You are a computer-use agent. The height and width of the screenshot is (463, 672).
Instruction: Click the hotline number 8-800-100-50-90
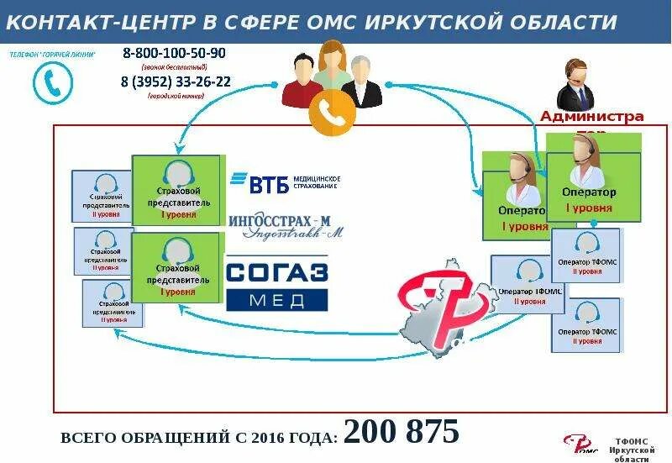tap(175, 53)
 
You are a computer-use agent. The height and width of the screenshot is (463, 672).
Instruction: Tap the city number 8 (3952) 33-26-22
tap(176, 82)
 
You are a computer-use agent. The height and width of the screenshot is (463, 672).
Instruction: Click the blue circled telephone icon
tap(52, 83)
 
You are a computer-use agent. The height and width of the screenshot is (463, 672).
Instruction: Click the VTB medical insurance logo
tap(285, 182)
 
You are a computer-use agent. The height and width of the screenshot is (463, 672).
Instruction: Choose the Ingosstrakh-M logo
tap(286, 224)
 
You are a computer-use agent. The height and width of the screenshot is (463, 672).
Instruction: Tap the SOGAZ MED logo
tap(278, 285)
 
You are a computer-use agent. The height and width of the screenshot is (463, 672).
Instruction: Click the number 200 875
tap(402, 431)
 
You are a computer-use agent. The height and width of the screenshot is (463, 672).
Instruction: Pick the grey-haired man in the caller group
tap(361, 81)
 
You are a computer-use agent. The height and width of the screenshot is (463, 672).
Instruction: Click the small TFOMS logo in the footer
tap(579, 444)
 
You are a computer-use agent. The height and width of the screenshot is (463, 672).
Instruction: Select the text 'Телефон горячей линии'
tap(52, 54)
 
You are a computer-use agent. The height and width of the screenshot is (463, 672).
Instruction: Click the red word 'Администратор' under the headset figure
tap(591, 117)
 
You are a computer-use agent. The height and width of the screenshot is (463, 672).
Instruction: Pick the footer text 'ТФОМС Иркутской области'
tap(634, 449)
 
